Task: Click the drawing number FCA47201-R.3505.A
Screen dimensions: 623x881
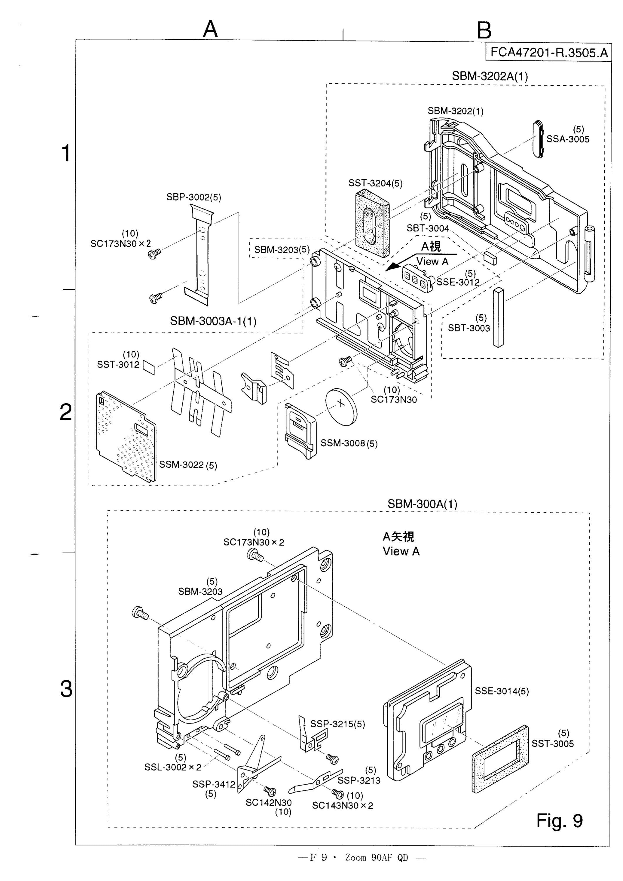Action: tap(549, 52)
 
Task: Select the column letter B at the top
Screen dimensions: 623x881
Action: tap(484, 30)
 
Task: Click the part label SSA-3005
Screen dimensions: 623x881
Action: tap(568, 139)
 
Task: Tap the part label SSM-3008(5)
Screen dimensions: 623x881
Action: tap(349, 443)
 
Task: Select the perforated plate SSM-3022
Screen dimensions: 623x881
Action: tap(126, 437)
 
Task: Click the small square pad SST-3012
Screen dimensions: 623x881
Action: tap(149, 367)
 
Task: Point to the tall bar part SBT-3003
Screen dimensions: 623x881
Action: tap(498, 317)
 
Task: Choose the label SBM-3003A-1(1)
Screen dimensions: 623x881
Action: tap(213, 321)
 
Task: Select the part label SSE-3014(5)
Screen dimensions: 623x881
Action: tap(502, 691)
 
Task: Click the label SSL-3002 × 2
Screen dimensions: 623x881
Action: tap(173, 767)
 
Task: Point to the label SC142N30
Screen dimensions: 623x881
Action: tap(269, 802)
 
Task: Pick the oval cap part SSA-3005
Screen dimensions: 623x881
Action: tap(538, 139)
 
